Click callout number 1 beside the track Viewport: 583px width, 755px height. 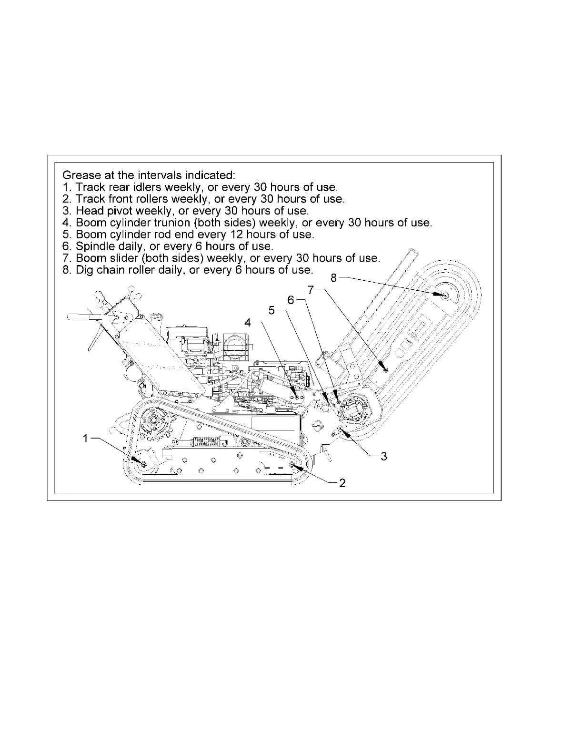pos(85,439)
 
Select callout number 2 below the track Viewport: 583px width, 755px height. pos(342,483)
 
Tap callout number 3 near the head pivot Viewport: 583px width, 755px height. pos(384,456)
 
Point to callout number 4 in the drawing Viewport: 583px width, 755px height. pos(248,323)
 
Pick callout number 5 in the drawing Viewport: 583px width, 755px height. pos(272,310)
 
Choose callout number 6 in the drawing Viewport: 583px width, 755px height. pos(291,300)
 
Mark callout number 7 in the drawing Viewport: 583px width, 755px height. pos(311,289)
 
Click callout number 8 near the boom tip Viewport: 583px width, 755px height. pos(333,278)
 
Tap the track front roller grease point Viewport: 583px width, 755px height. pos(292,465)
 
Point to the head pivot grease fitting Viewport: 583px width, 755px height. pos(342,430)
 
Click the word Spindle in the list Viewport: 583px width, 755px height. pos(94,246)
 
